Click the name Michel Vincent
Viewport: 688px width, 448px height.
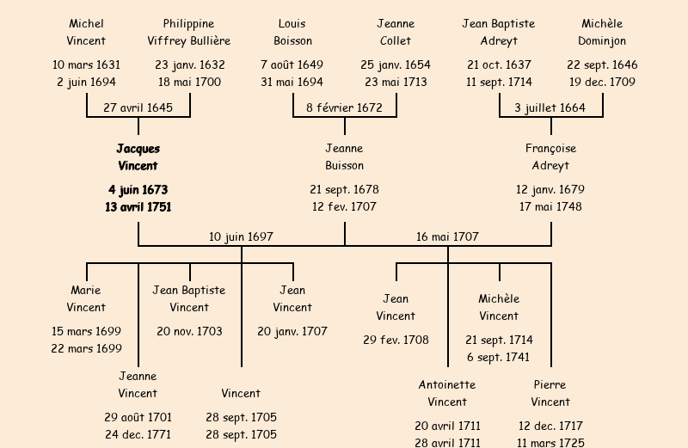click(x=86, y=32)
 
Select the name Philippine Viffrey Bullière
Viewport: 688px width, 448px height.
click(x=189, y=32)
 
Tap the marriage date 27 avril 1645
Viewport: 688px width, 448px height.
click(x=138, y=107)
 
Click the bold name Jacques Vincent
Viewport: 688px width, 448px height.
click(x=138, y=157)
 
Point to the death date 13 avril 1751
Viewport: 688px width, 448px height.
click(x=138, y=206)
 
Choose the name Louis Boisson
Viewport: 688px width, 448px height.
click(x=292, y=32)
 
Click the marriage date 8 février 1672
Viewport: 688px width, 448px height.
click(x=344, y=107)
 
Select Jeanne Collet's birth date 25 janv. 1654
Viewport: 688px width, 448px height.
click(x=396, y=64)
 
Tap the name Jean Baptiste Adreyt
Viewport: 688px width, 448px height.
click(x=499, y=32)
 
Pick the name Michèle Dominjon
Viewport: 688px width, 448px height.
click(x=602, y=32)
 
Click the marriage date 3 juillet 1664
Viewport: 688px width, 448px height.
click(x=550, y=107)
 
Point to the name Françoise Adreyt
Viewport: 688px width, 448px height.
click(x=550, y=157)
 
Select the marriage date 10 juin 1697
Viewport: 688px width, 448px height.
click(x=241, y=236)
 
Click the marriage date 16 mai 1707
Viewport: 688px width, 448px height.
click(x=447, y=236)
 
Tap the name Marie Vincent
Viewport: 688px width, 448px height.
click(x=86, y=298)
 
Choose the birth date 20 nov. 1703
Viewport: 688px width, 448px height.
click(x=189, y=331)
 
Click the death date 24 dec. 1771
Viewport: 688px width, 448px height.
click(x=138, y=434)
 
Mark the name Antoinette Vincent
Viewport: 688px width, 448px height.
click(x=447, y=393)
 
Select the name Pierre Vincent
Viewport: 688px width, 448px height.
click(x=550, y=393)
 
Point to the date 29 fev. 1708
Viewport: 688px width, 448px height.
click(x=396, y=340)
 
